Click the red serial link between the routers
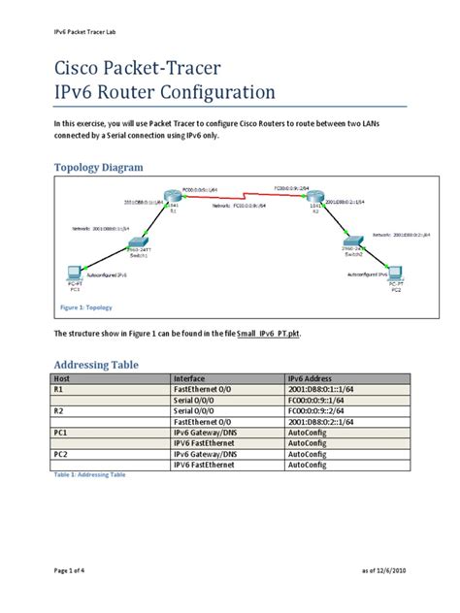[x=244, y=197]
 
